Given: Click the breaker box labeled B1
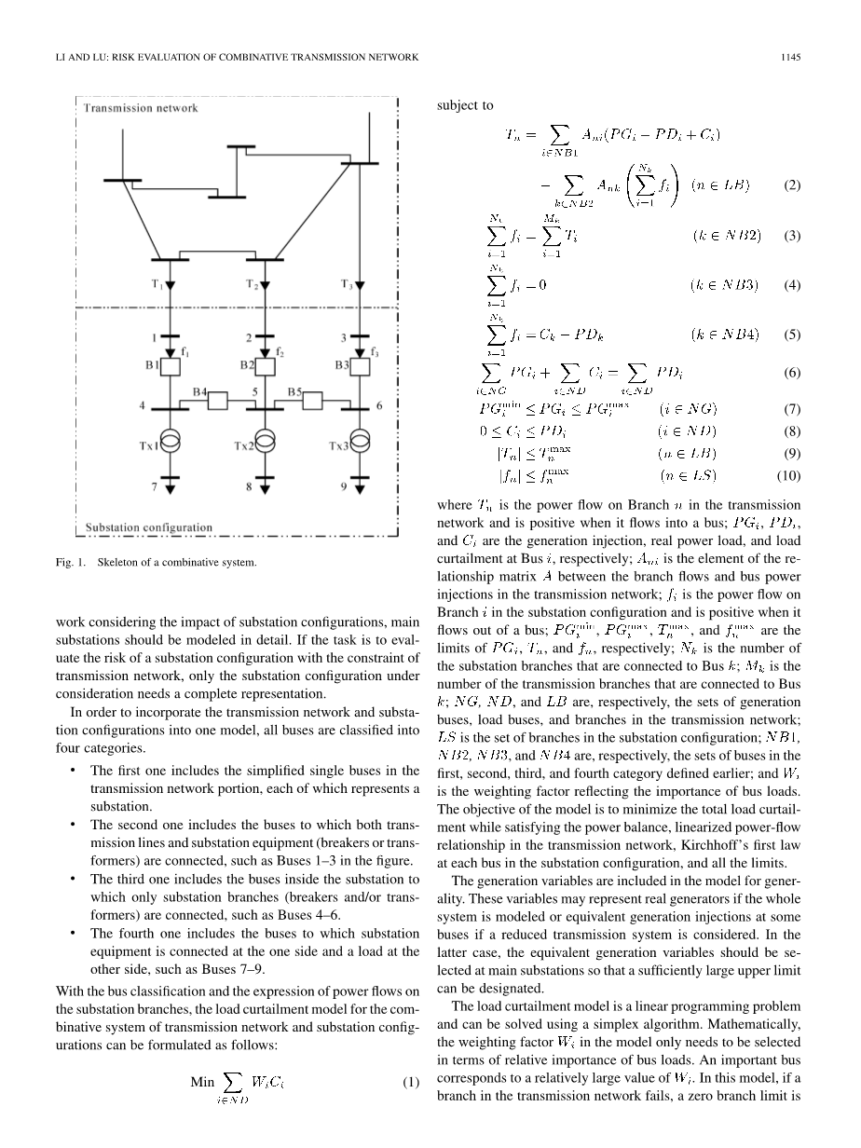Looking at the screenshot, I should pyautogui.click(x=170, y=366).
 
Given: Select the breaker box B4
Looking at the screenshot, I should pyautogui.click(x=218, y=401).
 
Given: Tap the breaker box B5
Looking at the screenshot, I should pyautogui.click(x=313, y=401).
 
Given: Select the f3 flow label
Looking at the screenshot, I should pyautogui.click(x=375, y=351).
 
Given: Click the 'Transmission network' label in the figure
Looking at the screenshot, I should pyautogui.click(x=141, y=108).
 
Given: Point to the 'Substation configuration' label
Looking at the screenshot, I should pyautogui.click(x=149, y=527).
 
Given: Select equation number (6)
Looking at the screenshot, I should pyautogui.click(x=791, y=373).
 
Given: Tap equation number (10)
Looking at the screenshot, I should pyautogui.click(x=788, y=476).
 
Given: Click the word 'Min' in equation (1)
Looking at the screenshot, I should pyautogui.click(x=202, y=1083).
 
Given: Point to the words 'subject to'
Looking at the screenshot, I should pyautogui.click(x=465, y=105).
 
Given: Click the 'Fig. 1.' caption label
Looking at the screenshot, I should pyautogui.click(x=85, y=562).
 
